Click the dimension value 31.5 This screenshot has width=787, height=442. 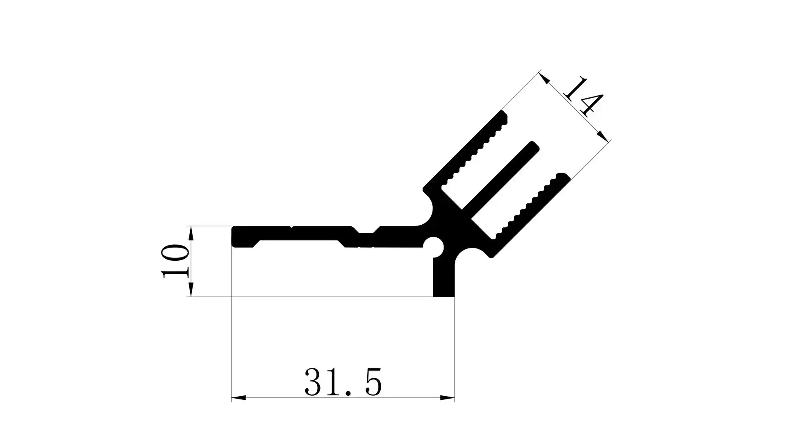(x=343, y=382)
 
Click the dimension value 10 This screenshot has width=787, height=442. (x=175, y=262)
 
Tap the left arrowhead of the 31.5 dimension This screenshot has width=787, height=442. (x=239, y=397)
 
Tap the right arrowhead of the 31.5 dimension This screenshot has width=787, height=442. (x=448, y=397)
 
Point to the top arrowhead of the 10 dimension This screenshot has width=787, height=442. (x=191, y=233)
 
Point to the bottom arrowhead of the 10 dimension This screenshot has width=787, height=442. (x=191, y=289)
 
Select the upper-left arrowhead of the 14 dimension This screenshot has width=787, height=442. (x=544, y=78)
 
